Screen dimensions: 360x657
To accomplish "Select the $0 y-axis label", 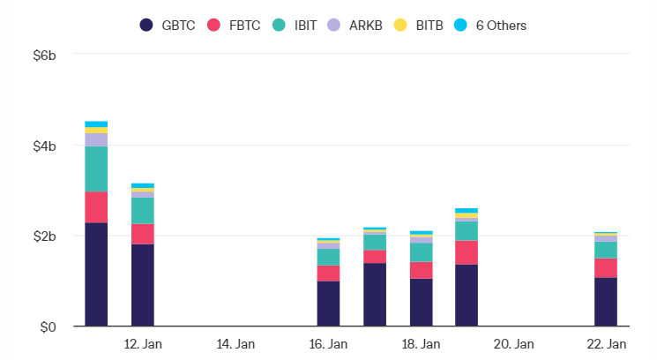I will pos(48,327).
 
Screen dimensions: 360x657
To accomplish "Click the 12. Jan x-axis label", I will pos(143,343).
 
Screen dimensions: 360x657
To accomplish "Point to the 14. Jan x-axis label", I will pos(235,343).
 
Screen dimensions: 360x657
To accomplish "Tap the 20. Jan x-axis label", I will pos(513,343).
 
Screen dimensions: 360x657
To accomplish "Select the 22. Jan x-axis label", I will pos(606,343).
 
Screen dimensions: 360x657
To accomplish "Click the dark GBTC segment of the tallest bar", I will pos(96,274).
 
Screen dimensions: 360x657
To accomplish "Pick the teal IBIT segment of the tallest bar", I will pos(96,169).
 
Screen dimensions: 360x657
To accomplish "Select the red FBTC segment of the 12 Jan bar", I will pos(143,234).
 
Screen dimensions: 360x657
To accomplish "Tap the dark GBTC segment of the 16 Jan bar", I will pos(328,304).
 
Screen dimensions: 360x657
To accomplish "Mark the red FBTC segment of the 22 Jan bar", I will pos(606,268).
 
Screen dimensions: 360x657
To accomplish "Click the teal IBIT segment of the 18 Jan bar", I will pos(421,252).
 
